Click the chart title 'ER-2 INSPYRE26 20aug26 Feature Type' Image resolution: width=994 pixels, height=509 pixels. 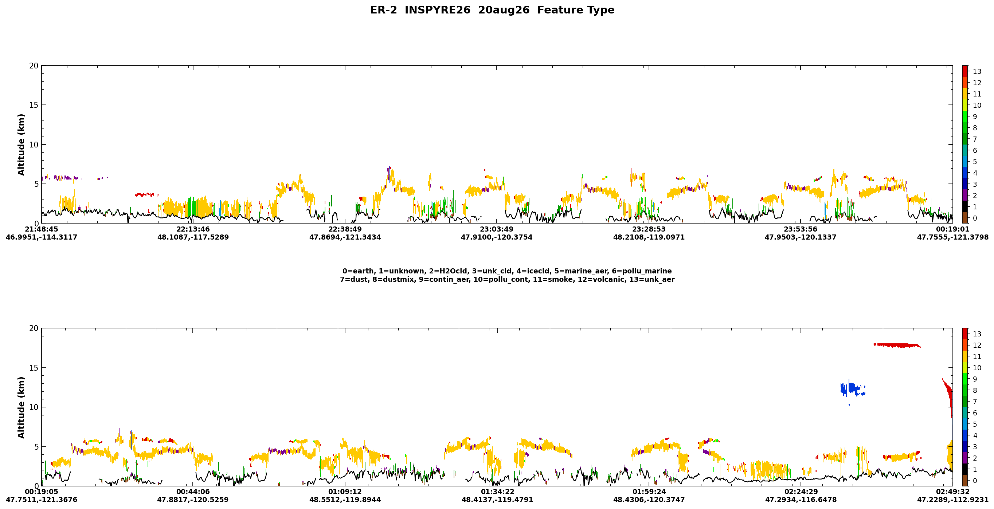pyautogui.click(x=492, y=10)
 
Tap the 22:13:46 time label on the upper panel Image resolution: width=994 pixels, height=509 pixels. pyautogui.click(x=193, y=229)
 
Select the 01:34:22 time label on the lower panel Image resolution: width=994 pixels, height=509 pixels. pyautogui.click(x=497, y=492)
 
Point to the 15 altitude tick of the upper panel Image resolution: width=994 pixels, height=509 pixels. pyautogui.click(x=34, y=105)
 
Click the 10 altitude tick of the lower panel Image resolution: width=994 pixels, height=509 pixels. pyautogui.click(x=34, y=407)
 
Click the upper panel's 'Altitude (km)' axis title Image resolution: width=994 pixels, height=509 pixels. pyautogui.click(x=21, y=145)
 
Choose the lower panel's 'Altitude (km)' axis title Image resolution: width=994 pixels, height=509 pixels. pyautogui.click(x=21, y=407)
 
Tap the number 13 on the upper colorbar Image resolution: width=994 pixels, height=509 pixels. pyautogui.click(x=977, y=71)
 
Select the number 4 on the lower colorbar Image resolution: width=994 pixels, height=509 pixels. pyautogui.click(x=975, y=435)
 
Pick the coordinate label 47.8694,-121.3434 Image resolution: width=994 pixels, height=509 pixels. pyautogui.click(x=345, y=237)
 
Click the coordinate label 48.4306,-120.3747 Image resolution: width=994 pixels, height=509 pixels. pyautogui.click(x=649, y=500)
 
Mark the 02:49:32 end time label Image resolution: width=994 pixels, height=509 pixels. pyautogui.click(x=953, y=492)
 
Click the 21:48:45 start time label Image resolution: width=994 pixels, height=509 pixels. pyautogui.click(x=41, y=229)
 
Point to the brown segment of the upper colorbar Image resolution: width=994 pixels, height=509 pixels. pyautogui.click(x=965, y=217)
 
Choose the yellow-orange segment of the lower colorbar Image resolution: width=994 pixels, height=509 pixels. pyautogui.click(x=965, y=356)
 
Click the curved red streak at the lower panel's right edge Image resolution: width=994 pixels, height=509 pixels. pyautogui.click(x=948, y=399)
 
